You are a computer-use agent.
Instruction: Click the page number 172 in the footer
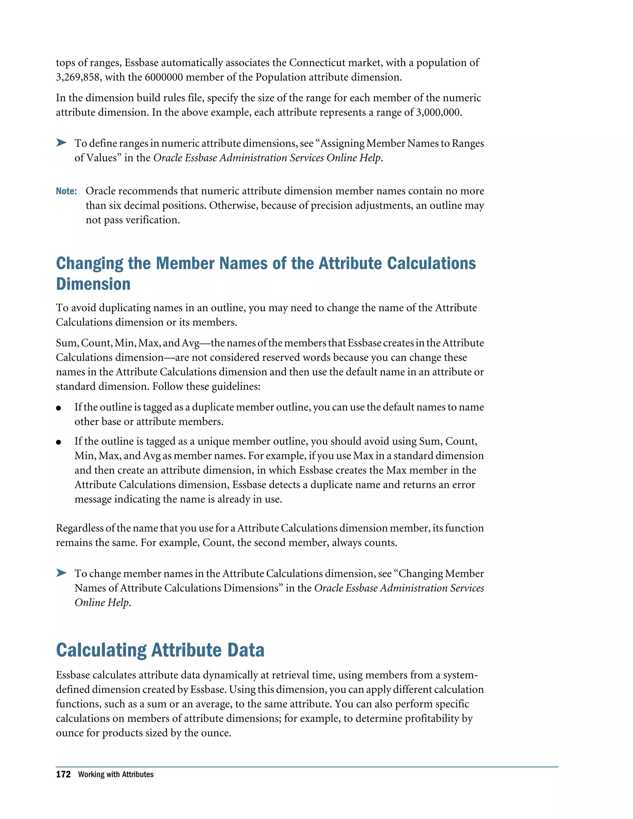(63, 774)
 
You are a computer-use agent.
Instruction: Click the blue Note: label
(66, 191)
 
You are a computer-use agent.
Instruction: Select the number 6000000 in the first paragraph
(164, 77)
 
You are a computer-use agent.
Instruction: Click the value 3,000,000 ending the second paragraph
(438, 112)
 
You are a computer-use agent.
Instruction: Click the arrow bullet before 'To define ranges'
(61, 142)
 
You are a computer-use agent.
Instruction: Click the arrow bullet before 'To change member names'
(61, 573)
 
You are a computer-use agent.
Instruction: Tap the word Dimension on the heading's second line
(93, 284)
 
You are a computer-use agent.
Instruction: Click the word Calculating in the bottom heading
(101, 650)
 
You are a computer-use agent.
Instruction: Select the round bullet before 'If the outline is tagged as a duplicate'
(58, 408)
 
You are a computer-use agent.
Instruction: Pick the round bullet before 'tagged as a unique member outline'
(58, 442)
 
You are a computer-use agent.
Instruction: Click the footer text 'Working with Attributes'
(116, 774)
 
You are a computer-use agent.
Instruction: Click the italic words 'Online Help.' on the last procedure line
(102, 603)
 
